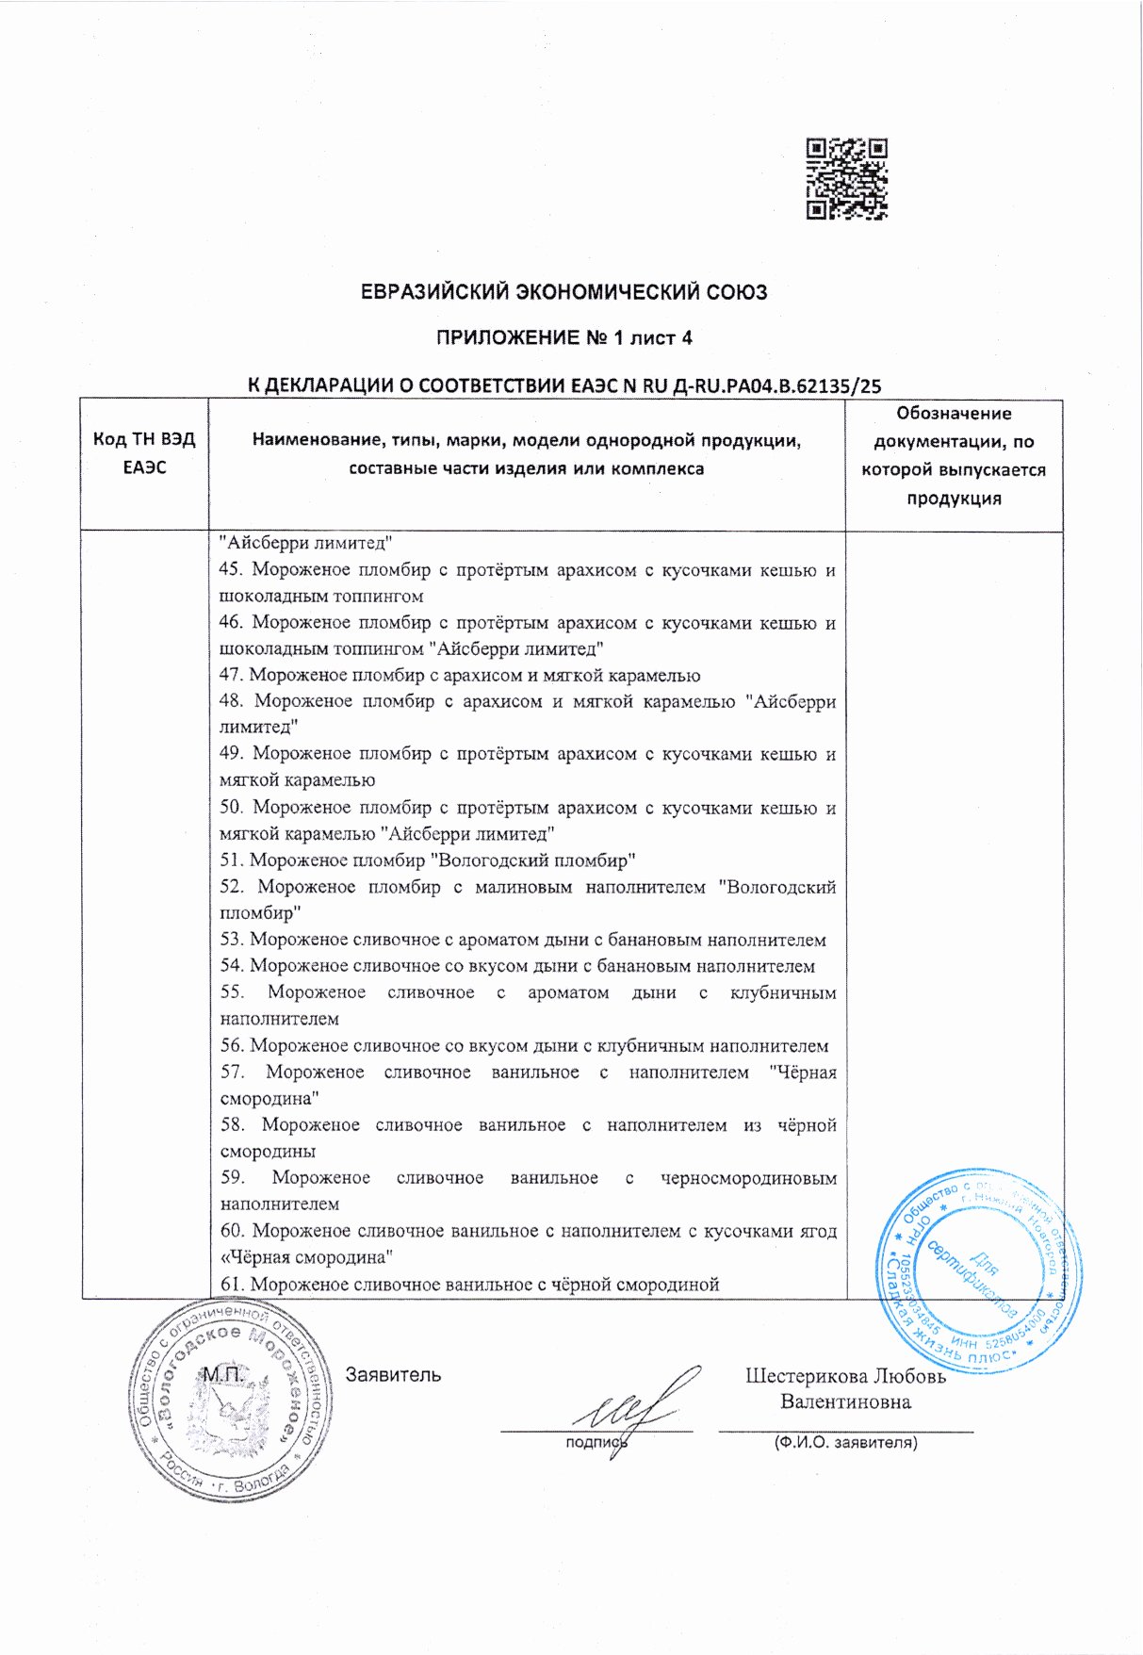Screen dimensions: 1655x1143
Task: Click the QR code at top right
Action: point(847,179)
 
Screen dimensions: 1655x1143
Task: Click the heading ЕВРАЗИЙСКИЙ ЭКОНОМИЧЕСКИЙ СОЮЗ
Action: point(564,292)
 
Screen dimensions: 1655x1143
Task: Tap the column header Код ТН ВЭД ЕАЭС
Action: point(144,453)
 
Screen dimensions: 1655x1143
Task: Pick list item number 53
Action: point(537,939)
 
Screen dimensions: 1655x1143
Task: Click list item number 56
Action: point(539,1045)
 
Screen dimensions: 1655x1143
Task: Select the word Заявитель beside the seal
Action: point(393,1374)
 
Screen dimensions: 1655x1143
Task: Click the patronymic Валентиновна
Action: point(845,1401)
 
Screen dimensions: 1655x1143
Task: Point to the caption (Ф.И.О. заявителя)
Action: point(845,1442)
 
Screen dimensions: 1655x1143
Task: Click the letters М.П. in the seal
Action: point(223,1374)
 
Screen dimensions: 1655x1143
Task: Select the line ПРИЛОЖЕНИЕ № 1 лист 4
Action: point(563,337)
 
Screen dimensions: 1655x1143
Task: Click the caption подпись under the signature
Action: point(596,1442)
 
